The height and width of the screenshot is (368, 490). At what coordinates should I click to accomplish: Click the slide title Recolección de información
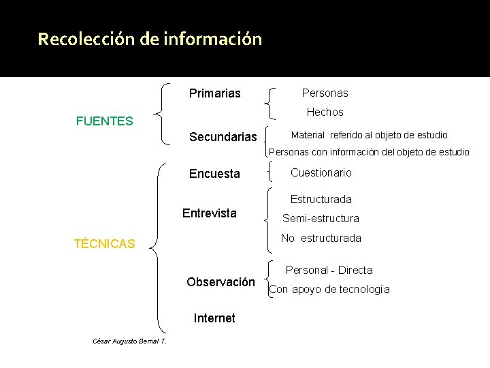click(x=150, y=39)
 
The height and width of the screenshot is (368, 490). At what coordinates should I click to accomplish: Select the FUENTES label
click(x=105, y=122)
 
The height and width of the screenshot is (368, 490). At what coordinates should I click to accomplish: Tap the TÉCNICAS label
click(x=105, y=244)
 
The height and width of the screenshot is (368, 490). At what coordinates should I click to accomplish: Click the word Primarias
click(x=215, y=93)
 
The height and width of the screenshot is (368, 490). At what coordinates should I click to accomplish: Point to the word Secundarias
click(x=223, y=137)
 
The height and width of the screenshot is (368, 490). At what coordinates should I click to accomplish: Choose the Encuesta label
click(x=214, y=174)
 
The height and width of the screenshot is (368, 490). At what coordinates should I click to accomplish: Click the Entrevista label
click(x=210, y=213)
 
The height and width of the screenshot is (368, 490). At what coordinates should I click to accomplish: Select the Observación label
click(x=220, y=282)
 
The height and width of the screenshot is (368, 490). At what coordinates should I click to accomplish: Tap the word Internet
click(x=214, y=318)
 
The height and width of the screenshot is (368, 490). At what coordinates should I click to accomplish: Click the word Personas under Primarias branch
click(x=325, y=93)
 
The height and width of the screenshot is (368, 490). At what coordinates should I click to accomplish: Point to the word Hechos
click(x=325, y=112)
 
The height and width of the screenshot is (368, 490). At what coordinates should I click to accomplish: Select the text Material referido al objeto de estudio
click(x=369, y=135)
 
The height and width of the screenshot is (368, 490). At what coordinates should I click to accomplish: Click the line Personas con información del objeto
click(x=370, y=152)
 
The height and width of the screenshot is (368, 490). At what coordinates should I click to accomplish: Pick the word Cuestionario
click(x=321, y=173)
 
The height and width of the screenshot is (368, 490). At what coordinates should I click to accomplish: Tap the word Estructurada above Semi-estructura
click(x=321, y=200)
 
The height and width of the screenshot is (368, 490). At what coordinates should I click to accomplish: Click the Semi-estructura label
click(x=321, y=219)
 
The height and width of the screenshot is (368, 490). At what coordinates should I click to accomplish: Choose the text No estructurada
click(x=321, y=239)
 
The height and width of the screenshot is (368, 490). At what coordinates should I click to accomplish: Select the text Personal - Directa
click(x=329, y=271)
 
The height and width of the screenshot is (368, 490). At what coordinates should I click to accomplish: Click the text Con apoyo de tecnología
click(x=329, y=290)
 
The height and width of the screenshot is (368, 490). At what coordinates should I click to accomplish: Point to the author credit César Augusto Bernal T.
click(x=129, y=341)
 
